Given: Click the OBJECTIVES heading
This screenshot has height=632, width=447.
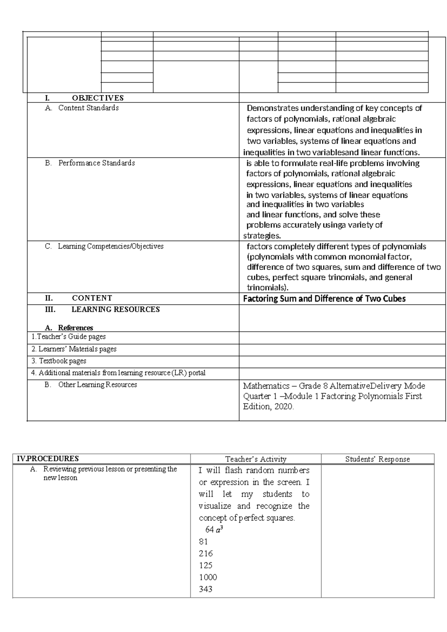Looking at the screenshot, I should coord(98,98).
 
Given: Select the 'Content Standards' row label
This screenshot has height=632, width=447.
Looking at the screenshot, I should coord(88,108).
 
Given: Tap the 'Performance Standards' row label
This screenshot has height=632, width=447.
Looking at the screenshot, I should coord(96,163).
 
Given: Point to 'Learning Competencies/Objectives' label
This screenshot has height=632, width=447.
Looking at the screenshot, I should coord(111,246).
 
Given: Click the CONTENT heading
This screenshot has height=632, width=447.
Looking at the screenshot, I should coord(92,298).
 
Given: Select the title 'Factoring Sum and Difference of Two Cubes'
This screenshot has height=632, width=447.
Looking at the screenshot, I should coord(324,299).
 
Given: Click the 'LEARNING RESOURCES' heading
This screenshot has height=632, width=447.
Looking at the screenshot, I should coord(115,309).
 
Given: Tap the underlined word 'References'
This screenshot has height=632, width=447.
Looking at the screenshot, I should coord(75,328).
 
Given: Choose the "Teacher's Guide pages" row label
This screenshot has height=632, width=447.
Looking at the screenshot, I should coord(69,337).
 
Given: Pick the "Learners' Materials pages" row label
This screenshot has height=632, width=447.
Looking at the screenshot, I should coord(74,349).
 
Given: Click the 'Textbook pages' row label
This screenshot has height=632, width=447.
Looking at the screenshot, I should coord(59,361).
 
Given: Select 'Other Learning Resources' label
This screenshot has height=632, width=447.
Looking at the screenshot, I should coord(98,385).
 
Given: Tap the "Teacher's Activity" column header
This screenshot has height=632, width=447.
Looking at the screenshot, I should coord(256,459).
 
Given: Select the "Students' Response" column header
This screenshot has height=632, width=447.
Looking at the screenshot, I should coord(377,459).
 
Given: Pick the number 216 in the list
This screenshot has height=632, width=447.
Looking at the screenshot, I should coord(206,553).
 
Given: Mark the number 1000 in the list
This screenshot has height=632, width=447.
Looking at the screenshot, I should coord(208,577).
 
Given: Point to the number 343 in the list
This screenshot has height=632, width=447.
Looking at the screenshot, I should coord(206,589).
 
